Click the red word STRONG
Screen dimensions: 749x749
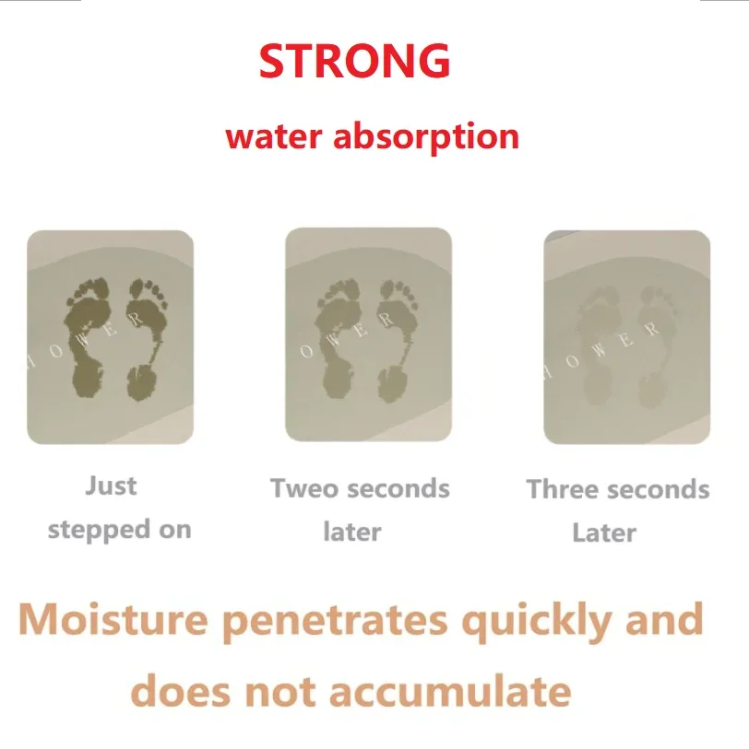click(354, 61)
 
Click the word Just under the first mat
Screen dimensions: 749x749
click(111, 486)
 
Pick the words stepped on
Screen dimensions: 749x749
click(119, 530)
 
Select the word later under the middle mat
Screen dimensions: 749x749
click(351, 532)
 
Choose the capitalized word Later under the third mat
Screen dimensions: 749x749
click(604, 532)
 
